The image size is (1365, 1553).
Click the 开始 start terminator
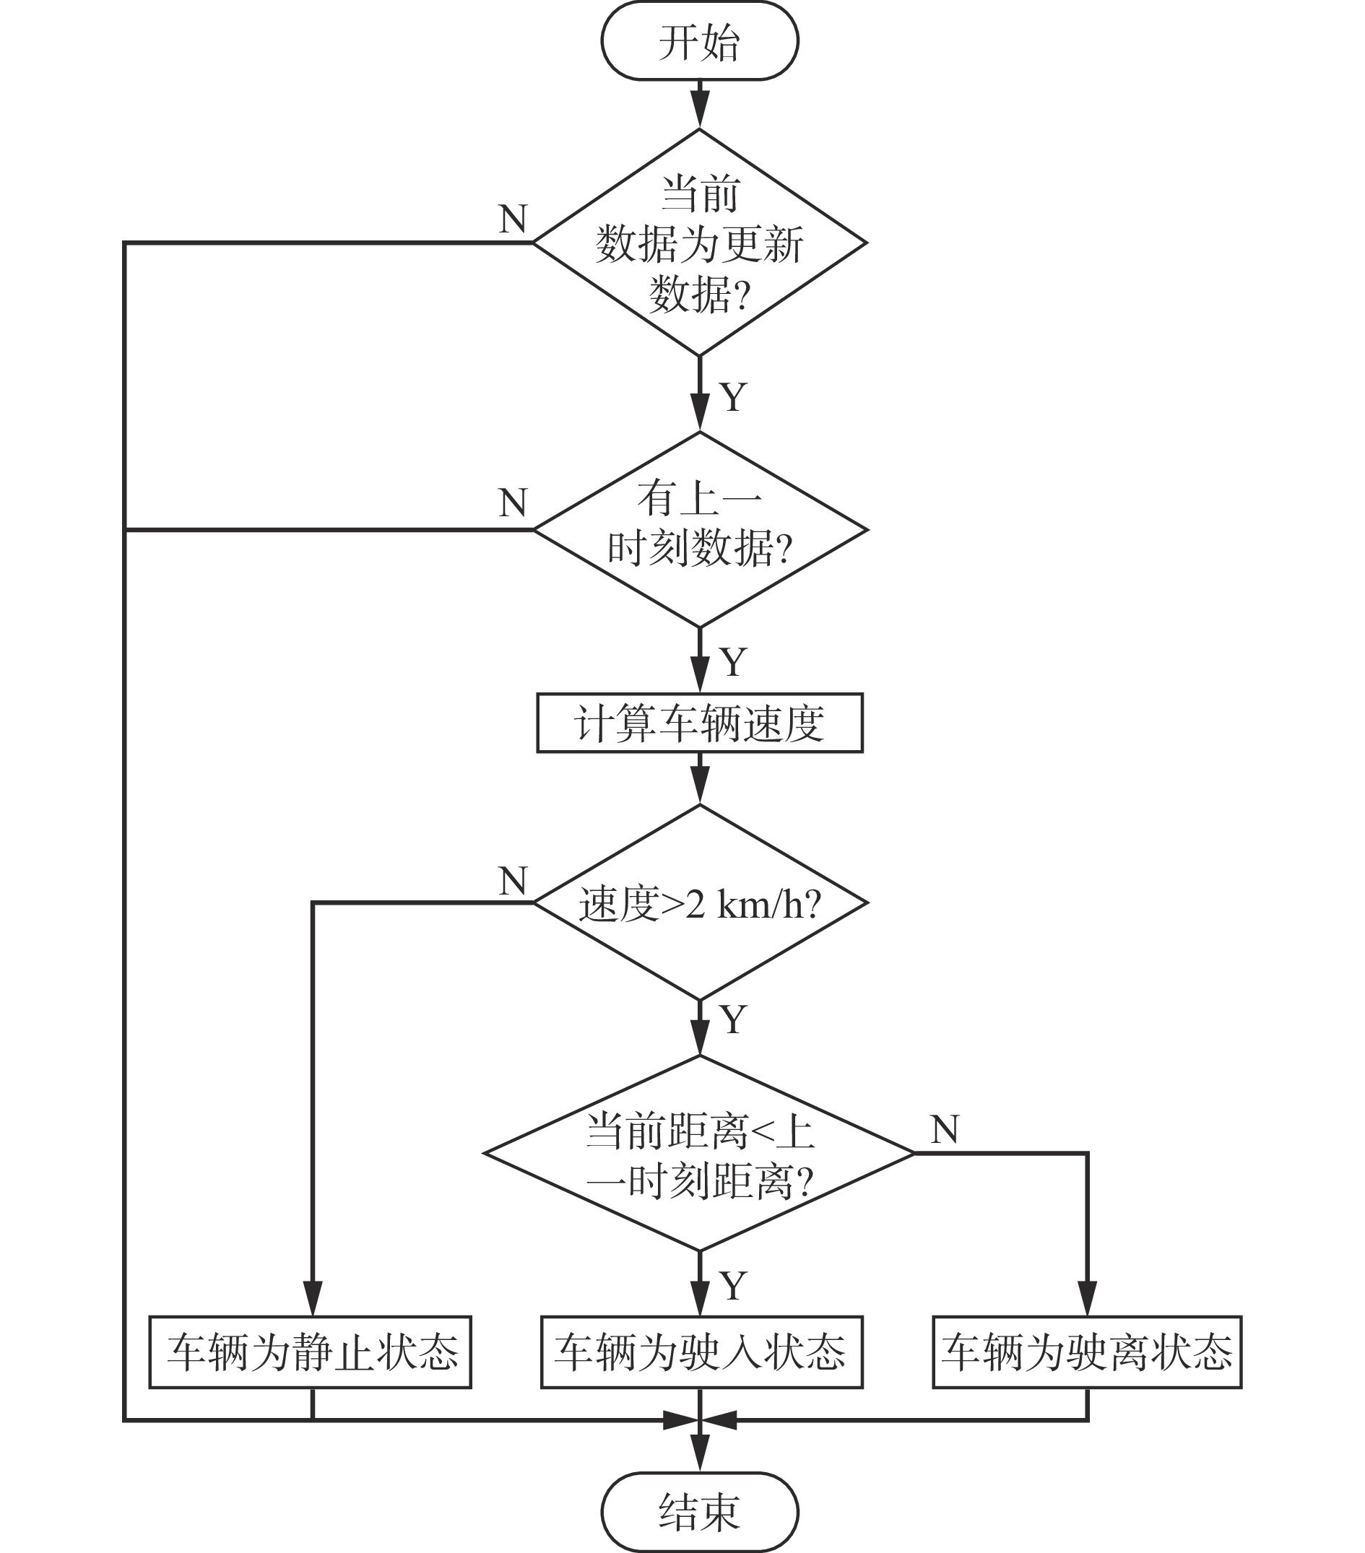pyautogui.click(x=699, y=42)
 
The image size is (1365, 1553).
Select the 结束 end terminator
pyautogui.click(x=699, y=1512)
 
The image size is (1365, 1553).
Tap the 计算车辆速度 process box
pyautogui.click(x=699, y=723)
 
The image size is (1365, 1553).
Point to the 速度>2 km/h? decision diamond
pyautogui.click(x=699, y=903)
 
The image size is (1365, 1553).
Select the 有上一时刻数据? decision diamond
pyautogui.click(x=699, y=529)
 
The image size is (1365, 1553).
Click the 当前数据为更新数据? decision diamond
pyautogui.click(x=699, y=243)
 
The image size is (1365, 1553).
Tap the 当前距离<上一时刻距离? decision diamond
pyautogui.click(x=699, y=1153)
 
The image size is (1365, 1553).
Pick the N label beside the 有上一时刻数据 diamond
pyautogui.click(x=513, y=503)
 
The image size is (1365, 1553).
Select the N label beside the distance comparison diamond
pyautogui.click(x=945, y=1130)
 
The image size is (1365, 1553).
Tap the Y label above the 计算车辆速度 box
pyautogui.click(x=732, y=663)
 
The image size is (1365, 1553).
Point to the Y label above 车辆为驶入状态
pyautogui.click(x=732, y=1286)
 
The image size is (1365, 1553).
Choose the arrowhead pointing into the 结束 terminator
pyautogui.click(x=699, y=1455)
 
